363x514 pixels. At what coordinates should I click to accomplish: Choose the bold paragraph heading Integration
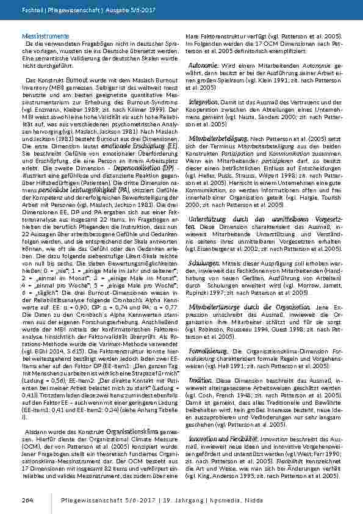(203, 101)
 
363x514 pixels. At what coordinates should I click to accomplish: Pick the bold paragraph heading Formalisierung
(208, 350)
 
